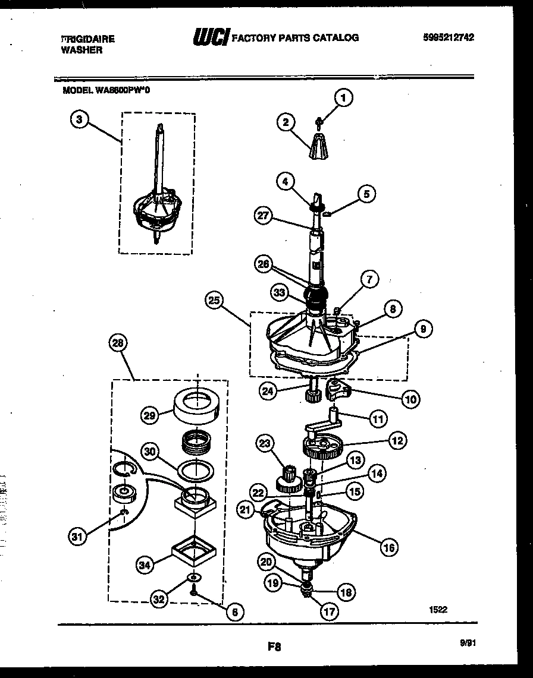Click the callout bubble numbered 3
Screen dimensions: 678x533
[79, 119]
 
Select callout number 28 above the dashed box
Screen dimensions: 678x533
[119, 343]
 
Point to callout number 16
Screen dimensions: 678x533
[389, 547]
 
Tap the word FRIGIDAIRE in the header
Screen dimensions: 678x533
[88, 39]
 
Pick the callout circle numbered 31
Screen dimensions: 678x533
[77, 537]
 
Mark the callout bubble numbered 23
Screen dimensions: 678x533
[265, 443]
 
